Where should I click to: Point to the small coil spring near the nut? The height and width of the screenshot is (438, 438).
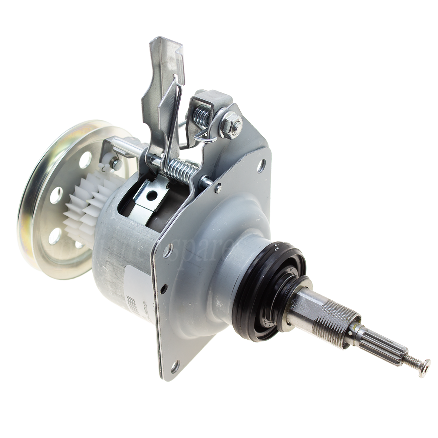(200, 111)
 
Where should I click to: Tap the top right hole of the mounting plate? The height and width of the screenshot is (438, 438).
(263, 162)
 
